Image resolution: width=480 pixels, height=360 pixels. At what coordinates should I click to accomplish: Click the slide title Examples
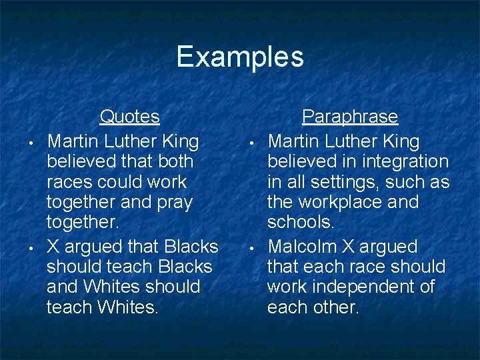pos(240,57)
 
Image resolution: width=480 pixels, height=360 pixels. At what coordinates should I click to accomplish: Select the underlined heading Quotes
pos(129,117)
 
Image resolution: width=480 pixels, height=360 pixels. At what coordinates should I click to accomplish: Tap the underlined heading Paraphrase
pos(349,117)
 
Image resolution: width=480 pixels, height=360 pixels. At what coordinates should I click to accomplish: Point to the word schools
pos(300,221)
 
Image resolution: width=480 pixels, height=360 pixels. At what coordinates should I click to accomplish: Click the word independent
pos(369,287)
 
